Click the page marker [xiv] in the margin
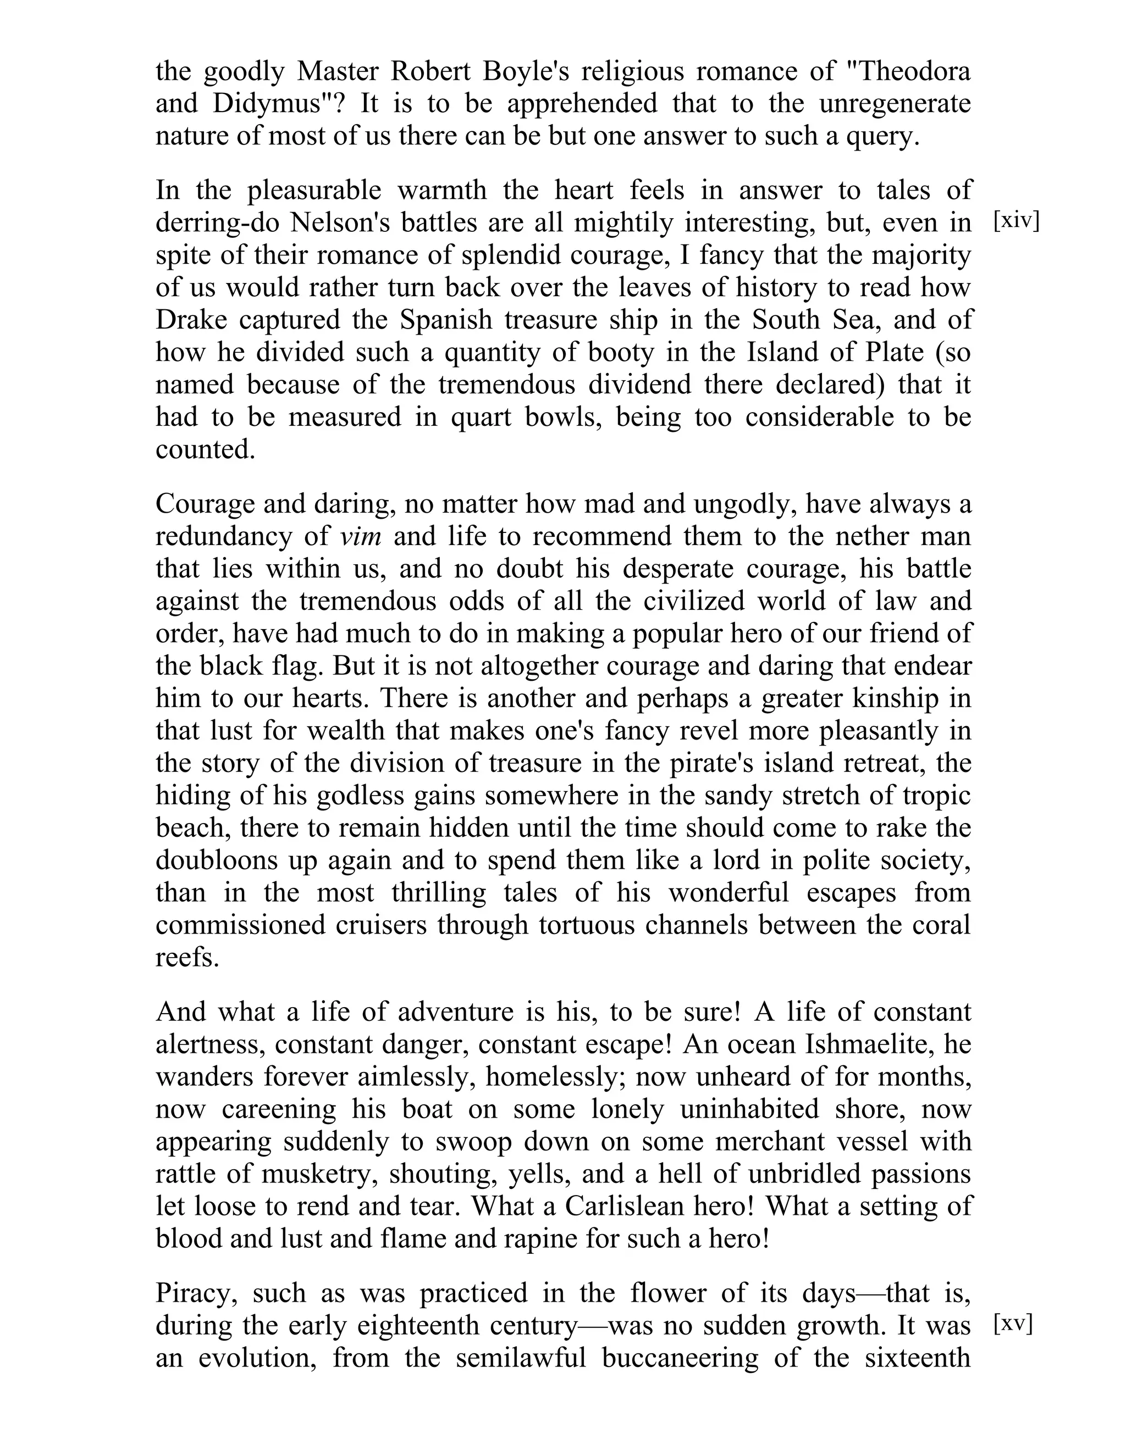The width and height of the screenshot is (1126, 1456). coord(1016,221)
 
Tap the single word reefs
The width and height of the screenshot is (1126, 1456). coord(187,957)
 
